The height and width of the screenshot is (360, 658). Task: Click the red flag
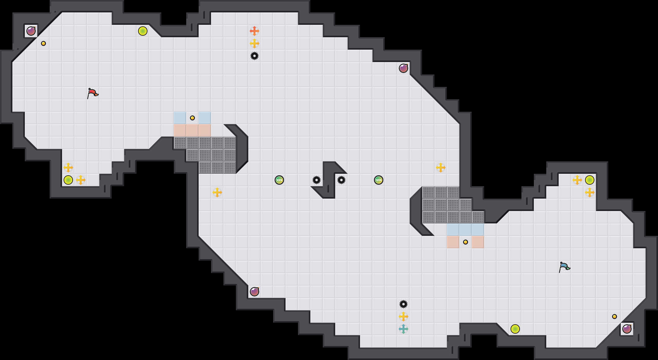point(92,93)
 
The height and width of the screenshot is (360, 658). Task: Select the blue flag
point(564,267)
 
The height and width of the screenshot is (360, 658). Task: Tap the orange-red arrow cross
point(255,31)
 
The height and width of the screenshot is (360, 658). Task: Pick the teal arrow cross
point(403,329)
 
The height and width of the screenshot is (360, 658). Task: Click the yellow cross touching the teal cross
point(403,317)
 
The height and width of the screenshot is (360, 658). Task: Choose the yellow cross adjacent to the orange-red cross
point(255,43)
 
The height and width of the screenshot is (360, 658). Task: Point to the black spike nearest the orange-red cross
point(255,56)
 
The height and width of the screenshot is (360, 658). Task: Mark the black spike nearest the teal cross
point(403,304)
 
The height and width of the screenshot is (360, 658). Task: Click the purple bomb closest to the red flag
point(31,31)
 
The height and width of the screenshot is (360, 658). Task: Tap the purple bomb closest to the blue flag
point(627,329)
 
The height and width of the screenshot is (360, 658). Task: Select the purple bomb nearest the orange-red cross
point(403,68)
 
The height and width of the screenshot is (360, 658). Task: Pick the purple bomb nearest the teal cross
point(255,292)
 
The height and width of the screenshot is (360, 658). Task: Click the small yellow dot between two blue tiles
point(192,118)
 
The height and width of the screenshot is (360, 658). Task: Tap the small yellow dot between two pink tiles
point(466,242)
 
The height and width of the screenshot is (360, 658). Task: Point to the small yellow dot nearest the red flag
point(43,43)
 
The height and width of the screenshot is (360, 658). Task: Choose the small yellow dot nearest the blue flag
point(615,317)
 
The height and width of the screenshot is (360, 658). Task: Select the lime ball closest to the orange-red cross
point(143,31)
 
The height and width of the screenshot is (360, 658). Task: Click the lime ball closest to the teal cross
point(515,329)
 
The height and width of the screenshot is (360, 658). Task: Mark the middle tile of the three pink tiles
point(192,130)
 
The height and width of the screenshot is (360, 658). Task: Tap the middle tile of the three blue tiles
point(466,230)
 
